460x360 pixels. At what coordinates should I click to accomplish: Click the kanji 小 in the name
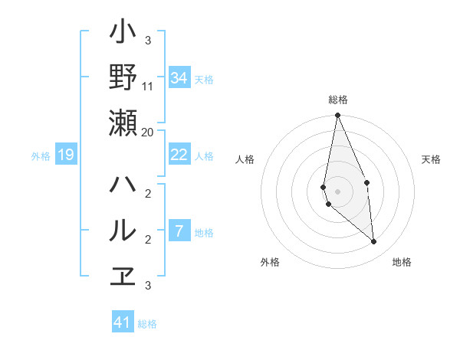click(123, 33)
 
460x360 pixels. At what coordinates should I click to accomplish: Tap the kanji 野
click(123, 77)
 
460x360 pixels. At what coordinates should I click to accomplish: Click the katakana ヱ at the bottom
click(123, 274)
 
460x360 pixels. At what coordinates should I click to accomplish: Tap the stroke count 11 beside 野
click(148, 87)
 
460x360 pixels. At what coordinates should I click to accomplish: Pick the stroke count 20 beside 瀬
click(148, 132)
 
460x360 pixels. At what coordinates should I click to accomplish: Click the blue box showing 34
click(179, 78)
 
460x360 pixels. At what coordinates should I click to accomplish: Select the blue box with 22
click(179, 155)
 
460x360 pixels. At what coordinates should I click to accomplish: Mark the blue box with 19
click(66, 155)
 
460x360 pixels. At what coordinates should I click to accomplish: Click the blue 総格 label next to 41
click(147, 324)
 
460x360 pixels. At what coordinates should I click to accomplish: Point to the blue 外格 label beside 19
click(41, 156)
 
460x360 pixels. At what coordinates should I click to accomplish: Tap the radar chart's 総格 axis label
click(337, 100)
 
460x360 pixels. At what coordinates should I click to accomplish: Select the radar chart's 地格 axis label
click(402, 262)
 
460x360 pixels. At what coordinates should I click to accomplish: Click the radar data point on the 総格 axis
click(337, 116)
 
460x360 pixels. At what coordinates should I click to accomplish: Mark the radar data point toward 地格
click(373, 242)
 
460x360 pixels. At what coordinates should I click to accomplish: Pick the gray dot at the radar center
click(337, 191)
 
